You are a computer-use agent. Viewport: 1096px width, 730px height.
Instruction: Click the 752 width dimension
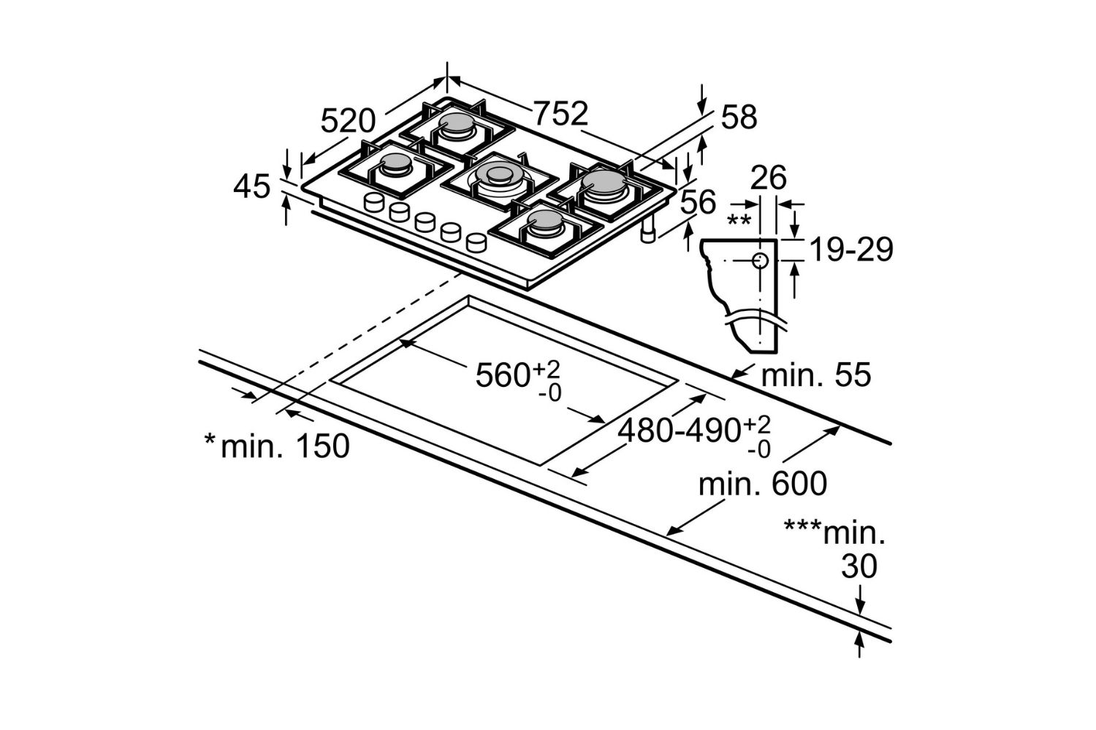560,113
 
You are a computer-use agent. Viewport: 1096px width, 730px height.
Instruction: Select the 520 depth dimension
348,120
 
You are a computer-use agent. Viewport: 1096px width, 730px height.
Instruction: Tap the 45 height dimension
252,187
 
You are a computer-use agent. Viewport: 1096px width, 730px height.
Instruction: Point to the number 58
739,117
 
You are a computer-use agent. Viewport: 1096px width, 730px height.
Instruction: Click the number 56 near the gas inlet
698,203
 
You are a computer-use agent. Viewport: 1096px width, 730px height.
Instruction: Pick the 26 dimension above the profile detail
769,177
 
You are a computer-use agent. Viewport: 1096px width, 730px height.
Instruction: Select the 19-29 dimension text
851,250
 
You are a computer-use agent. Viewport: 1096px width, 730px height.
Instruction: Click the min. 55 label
816,375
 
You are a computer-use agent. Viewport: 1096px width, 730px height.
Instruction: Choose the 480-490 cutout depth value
680,431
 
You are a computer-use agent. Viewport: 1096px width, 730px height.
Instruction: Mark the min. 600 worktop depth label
763,484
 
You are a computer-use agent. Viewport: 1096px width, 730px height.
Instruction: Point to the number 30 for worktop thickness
859,566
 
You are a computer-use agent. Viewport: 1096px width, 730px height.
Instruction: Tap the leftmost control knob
375,201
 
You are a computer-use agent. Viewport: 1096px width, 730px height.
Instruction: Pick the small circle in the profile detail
760,261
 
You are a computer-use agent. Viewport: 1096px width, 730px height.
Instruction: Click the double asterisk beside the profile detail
739,220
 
